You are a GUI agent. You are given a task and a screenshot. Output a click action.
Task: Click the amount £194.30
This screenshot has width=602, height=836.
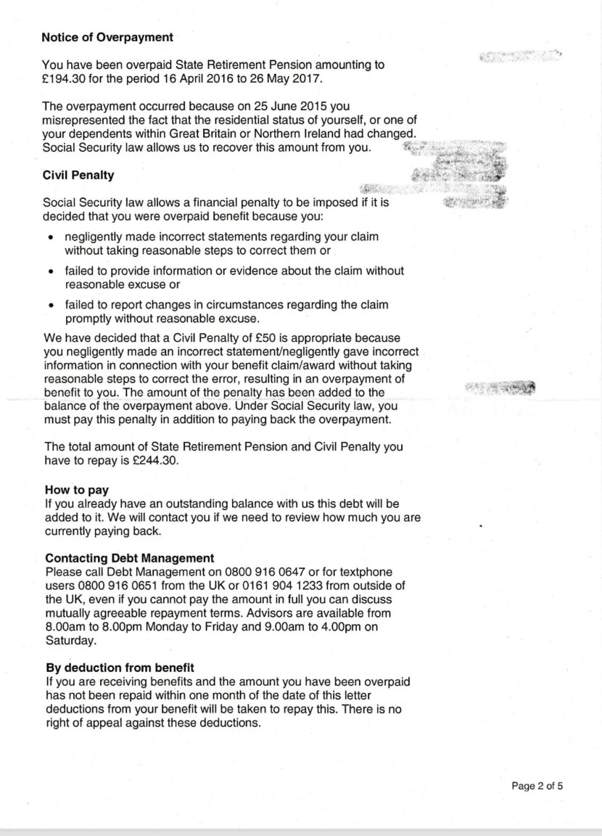pyautogui.click(x=65, y=78)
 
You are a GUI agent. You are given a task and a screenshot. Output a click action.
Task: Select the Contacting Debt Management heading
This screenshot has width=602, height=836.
pyautogui.click(x=129, y=558)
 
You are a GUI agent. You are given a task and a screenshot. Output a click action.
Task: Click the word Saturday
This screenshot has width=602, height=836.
pyautogui.click(x=70, y=642)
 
